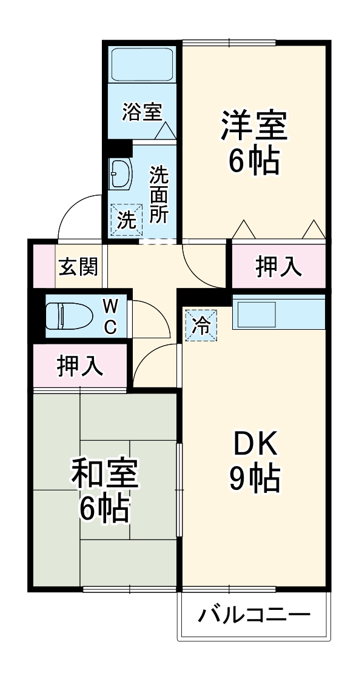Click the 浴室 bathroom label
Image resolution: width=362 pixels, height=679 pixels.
(x=142, y=112)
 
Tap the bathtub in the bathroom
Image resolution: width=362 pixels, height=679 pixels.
(x=143, y=64)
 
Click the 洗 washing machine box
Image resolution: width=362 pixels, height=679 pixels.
(x=126, y=220)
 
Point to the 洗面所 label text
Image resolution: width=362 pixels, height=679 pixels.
(x=159, y=195)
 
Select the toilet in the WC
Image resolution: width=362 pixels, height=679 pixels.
(x=69, y=316)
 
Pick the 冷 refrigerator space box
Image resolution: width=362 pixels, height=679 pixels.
(x=201, y=326)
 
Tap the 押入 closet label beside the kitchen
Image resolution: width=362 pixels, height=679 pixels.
(x=278, y=267)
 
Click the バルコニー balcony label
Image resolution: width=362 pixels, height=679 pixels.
(x=254, y=616)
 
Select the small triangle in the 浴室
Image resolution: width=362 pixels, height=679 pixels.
(x=166, y=130)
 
